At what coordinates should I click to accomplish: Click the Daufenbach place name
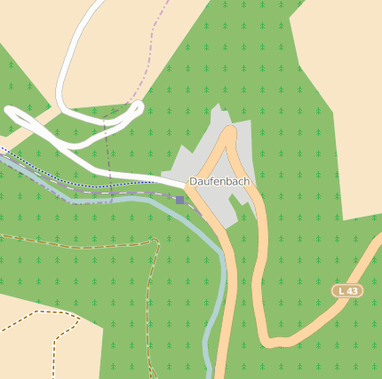point(219,181)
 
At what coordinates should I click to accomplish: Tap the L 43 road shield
point(347,290)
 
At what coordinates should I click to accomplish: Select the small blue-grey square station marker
point(180,200)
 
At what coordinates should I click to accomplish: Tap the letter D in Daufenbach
point(193,181)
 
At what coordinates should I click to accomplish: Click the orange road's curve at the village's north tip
point(229,132)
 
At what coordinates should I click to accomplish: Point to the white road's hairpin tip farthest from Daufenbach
point(11,112)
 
